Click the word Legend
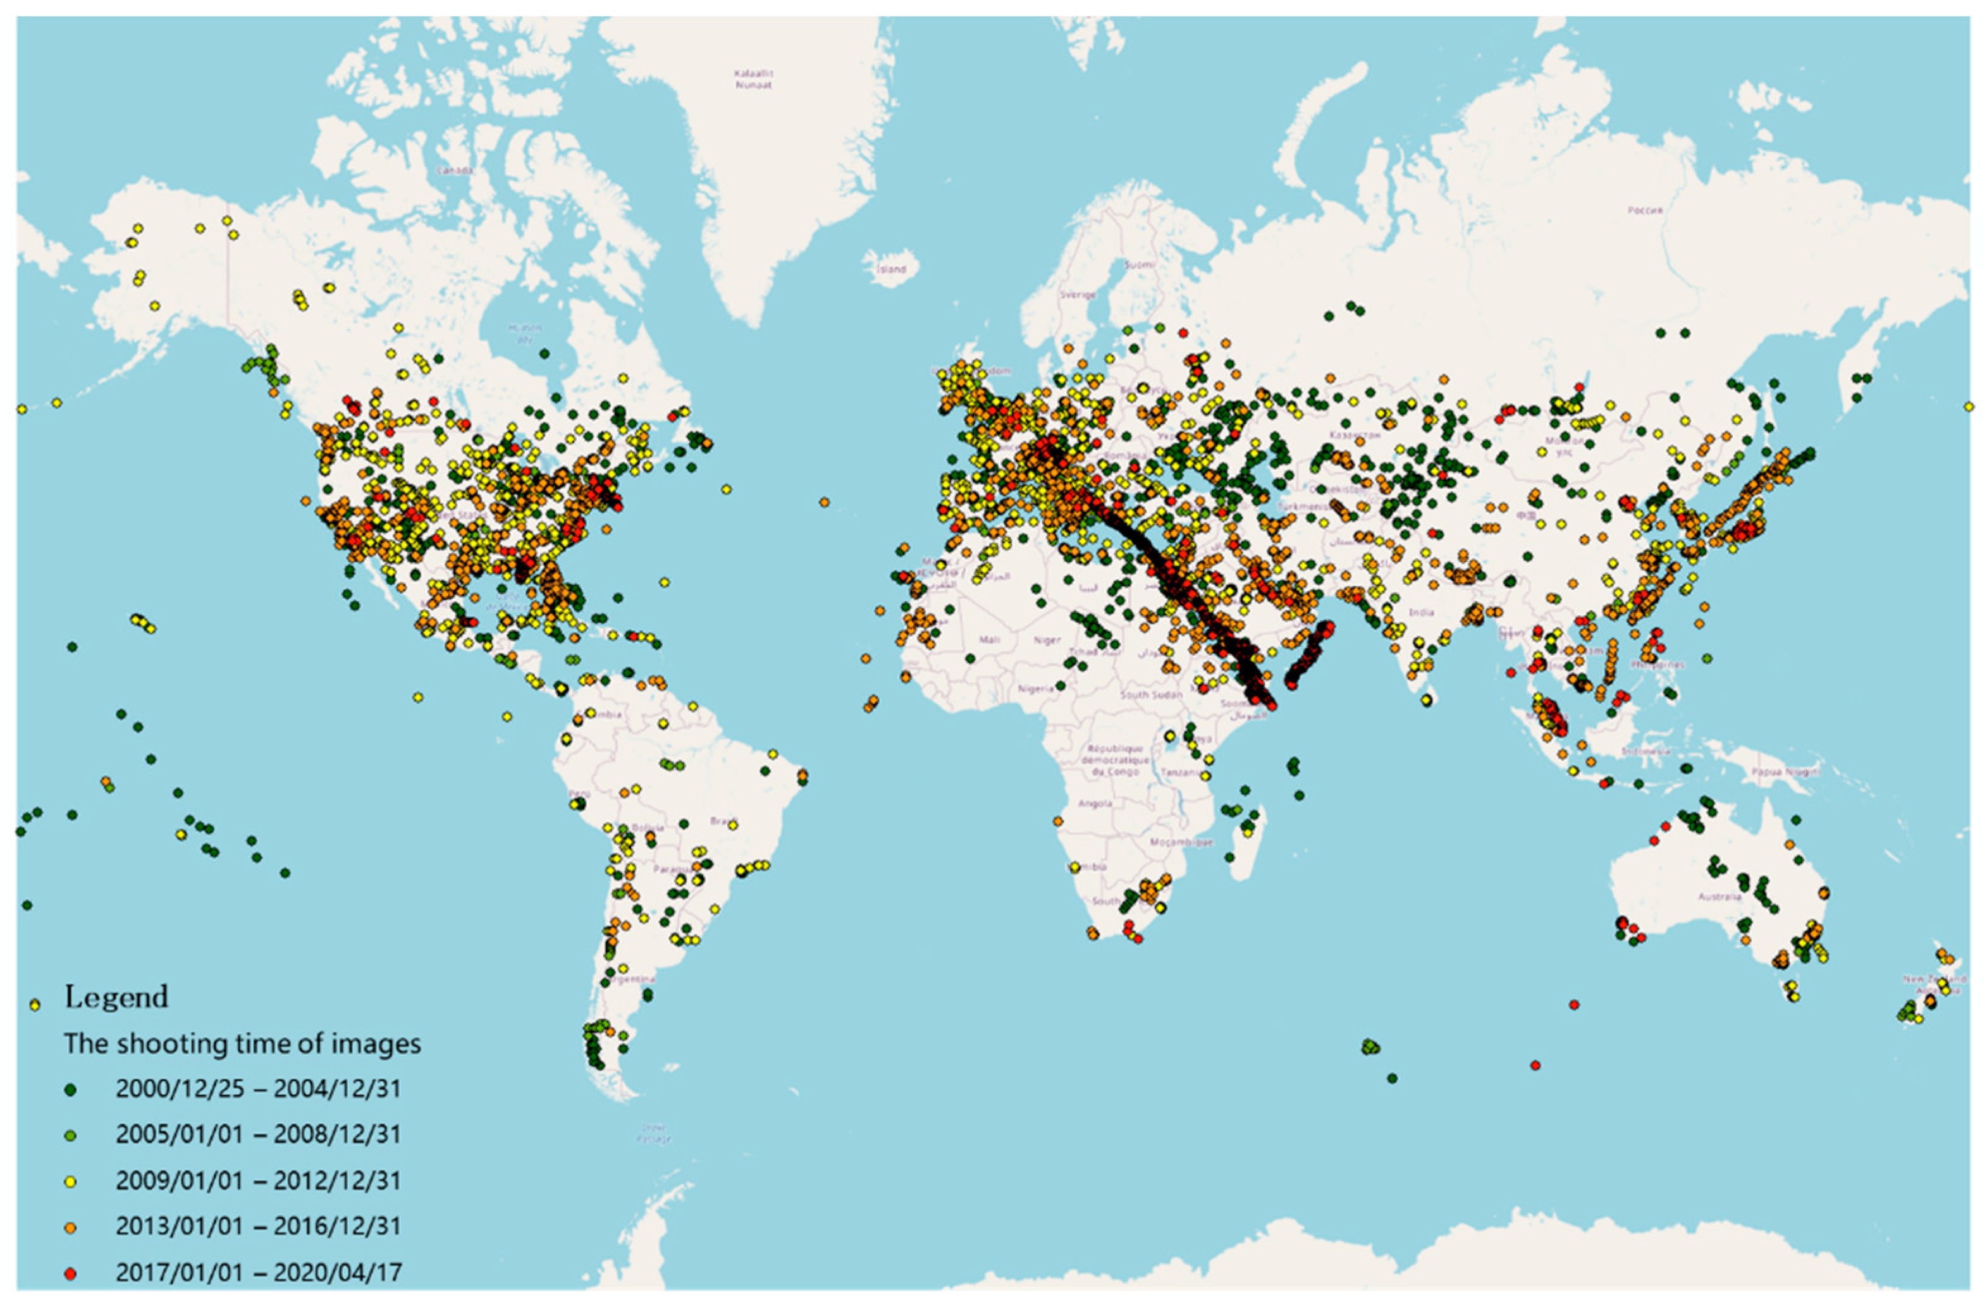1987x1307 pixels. [116, 997]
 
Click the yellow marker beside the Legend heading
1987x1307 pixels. [35, 1005]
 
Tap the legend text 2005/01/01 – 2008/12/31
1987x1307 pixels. [258, 1134]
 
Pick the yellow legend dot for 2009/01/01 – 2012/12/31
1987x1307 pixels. [71, 1182]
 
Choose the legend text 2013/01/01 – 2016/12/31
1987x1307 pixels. [258, 1226]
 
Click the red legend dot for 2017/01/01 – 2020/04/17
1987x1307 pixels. [71, 1273]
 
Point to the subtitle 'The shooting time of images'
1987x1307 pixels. [242, 1044]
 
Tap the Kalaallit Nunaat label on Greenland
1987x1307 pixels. [753, 79]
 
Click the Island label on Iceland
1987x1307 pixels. [892, 269]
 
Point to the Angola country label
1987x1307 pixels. [1095, 803]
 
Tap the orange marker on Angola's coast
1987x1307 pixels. [1059, 820]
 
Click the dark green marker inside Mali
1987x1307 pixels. [970, 658]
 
